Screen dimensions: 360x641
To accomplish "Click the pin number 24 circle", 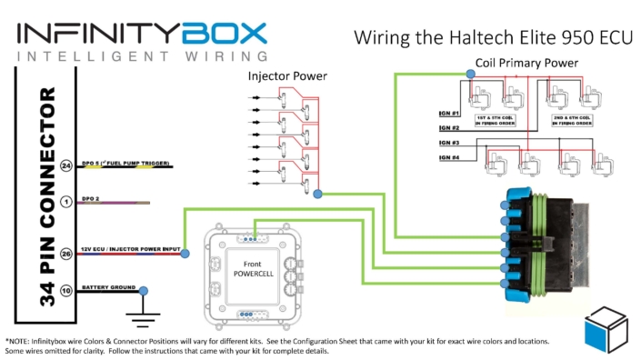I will (x=65, y=166).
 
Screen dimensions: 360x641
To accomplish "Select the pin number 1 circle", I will (x=65, y=202).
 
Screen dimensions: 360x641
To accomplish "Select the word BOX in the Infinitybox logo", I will (x=223, y=33).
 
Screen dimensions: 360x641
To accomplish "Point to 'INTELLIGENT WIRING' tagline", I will (x=141, y=56).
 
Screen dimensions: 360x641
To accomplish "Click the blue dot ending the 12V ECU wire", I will (x=185, y=253).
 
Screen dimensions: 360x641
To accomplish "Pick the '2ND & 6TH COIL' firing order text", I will (x=572, y=121).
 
